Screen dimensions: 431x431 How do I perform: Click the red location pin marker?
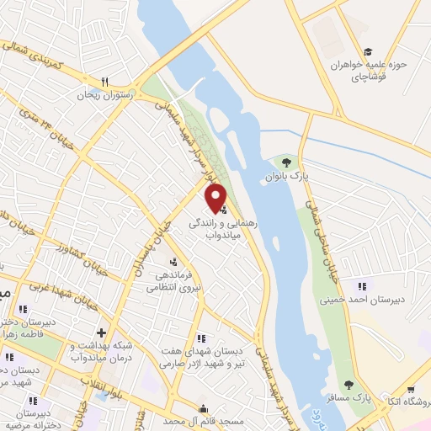(x=216, y=196)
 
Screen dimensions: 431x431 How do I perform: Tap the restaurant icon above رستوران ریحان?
(x=105, y=82)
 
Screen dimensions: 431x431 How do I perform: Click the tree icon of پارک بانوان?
(x=286, y=162)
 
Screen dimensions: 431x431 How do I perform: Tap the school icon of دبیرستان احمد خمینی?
(x=362, y=287)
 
